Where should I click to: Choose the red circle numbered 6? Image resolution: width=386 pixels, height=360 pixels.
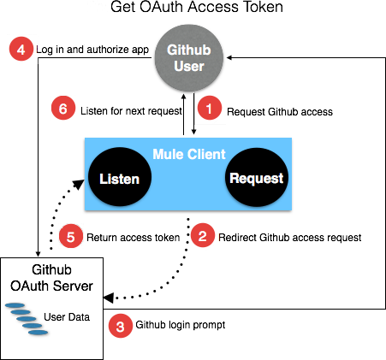(62, 109)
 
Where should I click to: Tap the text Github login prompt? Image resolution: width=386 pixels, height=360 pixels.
(177, 327)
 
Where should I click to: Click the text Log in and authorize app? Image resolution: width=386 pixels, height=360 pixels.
(93, 50)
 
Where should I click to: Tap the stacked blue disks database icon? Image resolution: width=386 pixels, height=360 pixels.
(28, 318)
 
